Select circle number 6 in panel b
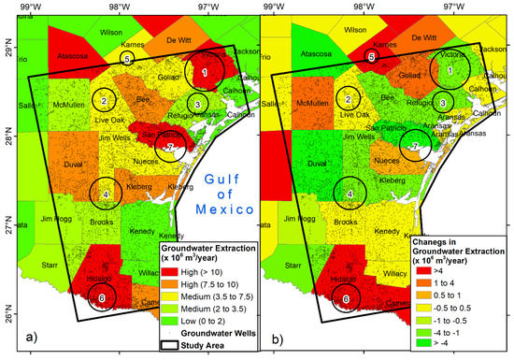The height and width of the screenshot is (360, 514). pyautogui.click(x=347, y=298)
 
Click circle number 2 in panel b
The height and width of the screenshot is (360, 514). pyautogui.click(x=349, y=100)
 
